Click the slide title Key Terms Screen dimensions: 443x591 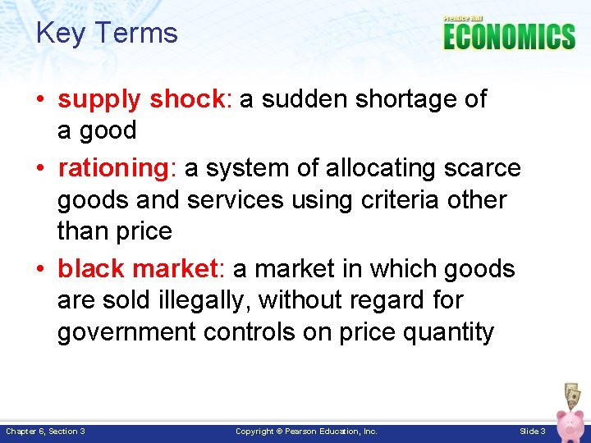107,33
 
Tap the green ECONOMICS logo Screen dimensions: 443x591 509,36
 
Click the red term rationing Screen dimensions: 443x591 112,168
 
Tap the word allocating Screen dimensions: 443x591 378,168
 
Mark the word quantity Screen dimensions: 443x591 451,332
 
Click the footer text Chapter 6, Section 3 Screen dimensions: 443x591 46,431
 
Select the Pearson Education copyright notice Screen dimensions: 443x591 306,431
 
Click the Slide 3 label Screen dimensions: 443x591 533,431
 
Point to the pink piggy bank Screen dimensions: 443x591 570,422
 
